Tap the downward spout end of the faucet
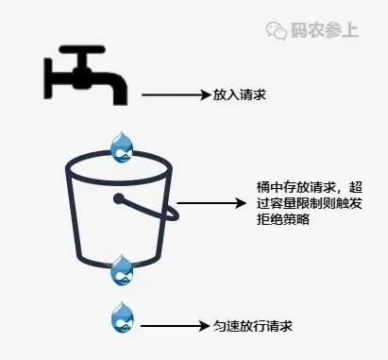pyautogui.click(x=119, y=94)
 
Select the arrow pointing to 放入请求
pyautogui.click(x=175, y=94)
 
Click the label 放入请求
pyautogui.click(x=235, y=94)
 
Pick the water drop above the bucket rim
pyautogui.click(x=122, y=147)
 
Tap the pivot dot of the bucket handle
pyautogui.click(x=120, y=199)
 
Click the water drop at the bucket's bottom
pyautogui.click(x=122, y=270)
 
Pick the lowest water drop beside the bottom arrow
pyautogui.click(x=122, y=317)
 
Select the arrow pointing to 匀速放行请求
pyautogui.click(x=175, y=326)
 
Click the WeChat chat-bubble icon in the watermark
pyautogui.click(x=278, y=30)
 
